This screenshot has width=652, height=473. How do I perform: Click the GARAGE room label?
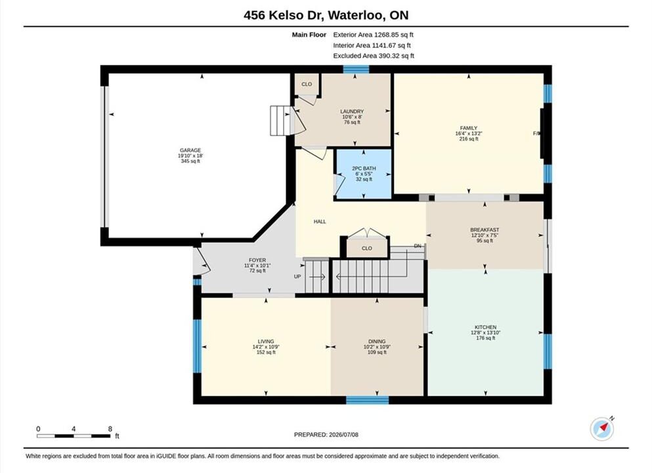pos(190,150)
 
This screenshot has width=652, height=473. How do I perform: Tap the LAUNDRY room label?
pos(352,112)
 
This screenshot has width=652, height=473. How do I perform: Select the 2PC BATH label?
pos(364,168)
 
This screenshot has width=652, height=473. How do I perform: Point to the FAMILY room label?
pos(469,128)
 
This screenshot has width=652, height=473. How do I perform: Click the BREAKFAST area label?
pos(485,230)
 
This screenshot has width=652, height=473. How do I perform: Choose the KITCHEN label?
pos(486,327)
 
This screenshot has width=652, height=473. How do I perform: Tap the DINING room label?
pos(377,342)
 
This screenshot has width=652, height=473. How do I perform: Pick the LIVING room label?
pos(266,342)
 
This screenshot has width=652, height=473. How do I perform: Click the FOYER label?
pos(257,260)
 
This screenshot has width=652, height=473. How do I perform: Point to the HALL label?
pos(320,222)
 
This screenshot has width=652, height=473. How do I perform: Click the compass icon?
pos(602,428)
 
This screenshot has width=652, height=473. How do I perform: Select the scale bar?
pos(74,436)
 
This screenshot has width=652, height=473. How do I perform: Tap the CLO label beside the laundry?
pos(307,84)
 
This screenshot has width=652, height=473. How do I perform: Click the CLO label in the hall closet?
pos(367,248)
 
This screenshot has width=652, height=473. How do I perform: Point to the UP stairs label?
pos(297,277)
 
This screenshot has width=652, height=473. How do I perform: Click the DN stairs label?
pos(418,246)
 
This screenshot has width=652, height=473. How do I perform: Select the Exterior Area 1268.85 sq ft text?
pos(373,35)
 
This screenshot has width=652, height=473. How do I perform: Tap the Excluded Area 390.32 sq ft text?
pos(374,56)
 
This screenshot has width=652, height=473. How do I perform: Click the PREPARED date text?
pos(326,435)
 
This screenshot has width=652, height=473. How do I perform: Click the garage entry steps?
pos(280,121)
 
